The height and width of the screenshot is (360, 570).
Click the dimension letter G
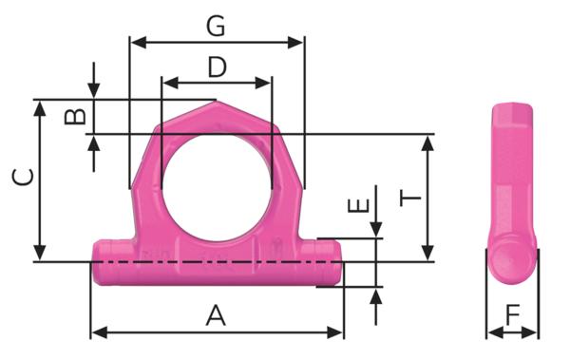pos(216,27)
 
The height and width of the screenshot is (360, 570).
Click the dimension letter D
pos(217,66)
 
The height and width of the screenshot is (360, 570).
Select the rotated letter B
pos(75,117)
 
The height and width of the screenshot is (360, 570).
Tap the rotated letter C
pos(23,177)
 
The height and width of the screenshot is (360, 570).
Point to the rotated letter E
pos(358,205)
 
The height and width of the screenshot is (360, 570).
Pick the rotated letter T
pos(410,199)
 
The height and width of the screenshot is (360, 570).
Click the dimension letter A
pos(216,315)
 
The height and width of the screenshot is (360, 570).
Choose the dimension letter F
pos(513,315)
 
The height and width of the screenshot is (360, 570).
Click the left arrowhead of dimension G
pos(138,43)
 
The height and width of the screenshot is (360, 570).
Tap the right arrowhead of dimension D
pos(263,84)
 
